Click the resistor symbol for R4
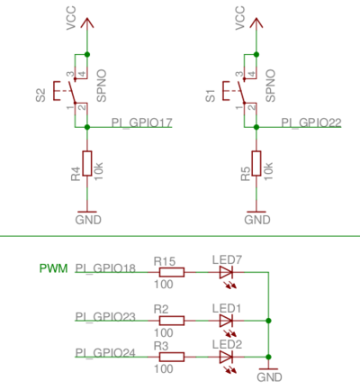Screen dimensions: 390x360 [x=86, y=164]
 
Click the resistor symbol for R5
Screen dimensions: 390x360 [x=256, y=164]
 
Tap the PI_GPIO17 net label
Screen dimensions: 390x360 [x=141, y=122]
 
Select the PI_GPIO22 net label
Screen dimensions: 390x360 [x=310, y=122]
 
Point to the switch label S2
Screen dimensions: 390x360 [x=40, y=95]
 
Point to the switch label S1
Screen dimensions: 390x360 [x=211, y=95]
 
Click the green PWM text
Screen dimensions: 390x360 [x=52, y=268]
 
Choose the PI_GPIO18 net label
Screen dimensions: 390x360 [x=105, y=268]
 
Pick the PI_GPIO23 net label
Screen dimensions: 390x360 [x=105, y=316]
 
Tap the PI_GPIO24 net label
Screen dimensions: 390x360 [x=105, y=352]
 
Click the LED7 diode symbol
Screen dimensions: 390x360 [x=226, y=271]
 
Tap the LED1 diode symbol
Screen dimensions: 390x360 [x=226, y=320]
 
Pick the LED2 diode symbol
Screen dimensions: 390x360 [x=226, y=357]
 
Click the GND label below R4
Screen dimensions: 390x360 [x=87, y=220]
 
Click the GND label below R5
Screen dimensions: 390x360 [x=257, y=220]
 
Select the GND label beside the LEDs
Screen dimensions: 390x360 [x=269, y=377]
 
